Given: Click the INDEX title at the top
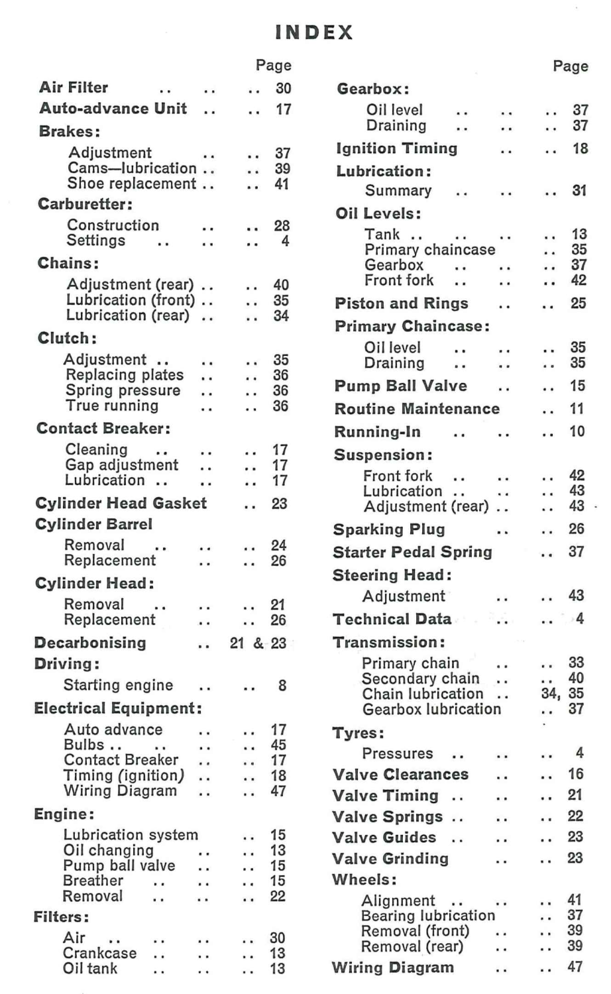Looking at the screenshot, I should [314, 32].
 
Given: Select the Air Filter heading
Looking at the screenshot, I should [74, 87].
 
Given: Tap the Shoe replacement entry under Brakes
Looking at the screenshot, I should [132, 184].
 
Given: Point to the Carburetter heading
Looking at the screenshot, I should [85, 203].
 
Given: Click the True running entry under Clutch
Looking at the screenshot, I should [112, 406].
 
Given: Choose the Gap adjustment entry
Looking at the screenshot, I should [122, 465].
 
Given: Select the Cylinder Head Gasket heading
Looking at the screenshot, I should [121, 503].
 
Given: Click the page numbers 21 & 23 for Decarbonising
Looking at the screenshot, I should [258, 643].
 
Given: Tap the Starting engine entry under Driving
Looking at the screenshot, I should [118, 685].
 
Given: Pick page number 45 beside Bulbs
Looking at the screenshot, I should [278, 745].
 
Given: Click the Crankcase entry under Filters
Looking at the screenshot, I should [100, 953].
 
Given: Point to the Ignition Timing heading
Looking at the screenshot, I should [397, 148].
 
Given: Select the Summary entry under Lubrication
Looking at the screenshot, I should [398, 191].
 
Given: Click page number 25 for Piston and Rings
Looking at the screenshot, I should [578, 304].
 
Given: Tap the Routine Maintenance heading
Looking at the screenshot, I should [417, 409].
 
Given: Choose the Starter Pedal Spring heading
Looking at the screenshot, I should [412, 552].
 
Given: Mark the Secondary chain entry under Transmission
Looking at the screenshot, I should [420, 678].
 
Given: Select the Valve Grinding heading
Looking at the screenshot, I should [390, 859].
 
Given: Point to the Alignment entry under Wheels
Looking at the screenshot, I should [398, 901].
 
